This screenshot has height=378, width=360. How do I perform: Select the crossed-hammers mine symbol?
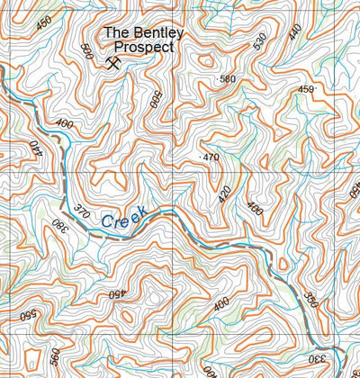[x=113, y=63]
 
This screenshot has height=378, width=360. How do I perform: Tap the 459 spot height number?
[x=306, y=89]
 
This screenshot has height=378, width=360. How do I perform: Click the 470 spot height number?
[x=211, y=157]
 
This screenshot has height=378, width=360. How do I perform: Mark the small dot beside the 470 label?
[x=200, y=157]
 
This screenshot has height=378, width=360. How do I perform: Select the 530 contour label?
[x=260, y=41]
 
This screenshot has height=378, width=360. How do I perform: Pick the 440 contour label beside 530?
[x=295, y=33]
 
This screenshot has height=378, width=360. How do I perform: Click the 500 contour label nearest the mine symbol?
[x=86, y=51]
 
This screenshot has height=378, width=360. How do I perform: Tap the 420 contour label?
[x=225, y=193]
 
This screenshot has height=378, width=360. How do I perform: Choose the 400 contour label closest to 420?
[x=256, y=209]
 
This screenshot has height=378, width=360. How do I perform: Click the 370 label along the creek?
[x=82, y=212]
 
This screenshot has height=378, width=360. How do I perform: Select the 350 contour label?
[x=310, y=299]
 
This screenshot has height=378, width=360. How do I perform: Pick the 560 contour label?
[x=55, y=358]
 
